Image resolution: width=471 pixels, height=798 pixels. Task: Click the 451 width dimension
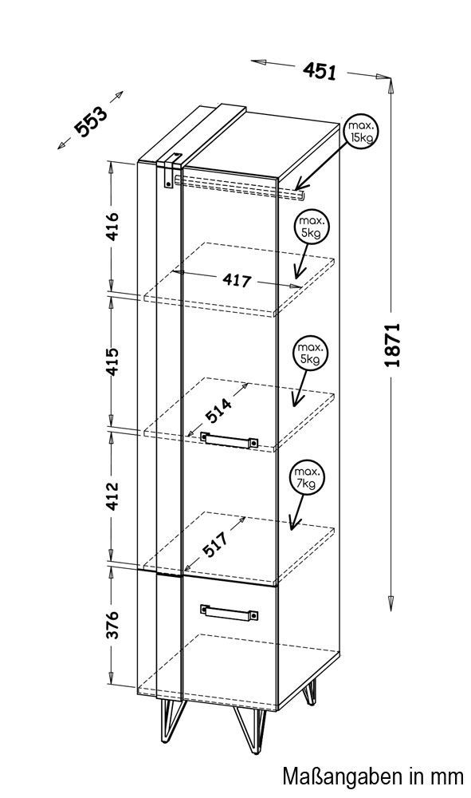click(x=320, y=71)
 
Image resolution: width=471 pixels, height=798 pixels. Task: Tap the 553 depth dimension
click(x=92, y=122)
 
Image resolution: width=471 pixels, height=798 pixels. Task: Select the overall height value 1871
click(x=393, y=345)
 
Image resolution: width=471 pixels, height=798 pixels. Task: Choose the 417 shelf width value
click(x=237, y=280)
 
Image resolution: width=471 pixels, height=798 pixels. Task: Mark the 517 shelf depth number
click(x=215, y=544)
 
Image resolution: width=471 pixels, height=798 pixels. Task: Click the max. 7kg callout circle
click(x=308, y=478)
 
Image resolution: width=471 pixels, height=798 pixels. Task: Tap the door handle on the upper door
click(x=230, y=440)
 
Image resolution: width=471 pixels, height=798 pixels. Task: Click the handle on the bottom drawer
click(x=230, y=612)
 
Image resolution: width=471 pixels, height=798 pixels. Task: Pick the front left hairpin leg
click(x=173, y=719)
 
